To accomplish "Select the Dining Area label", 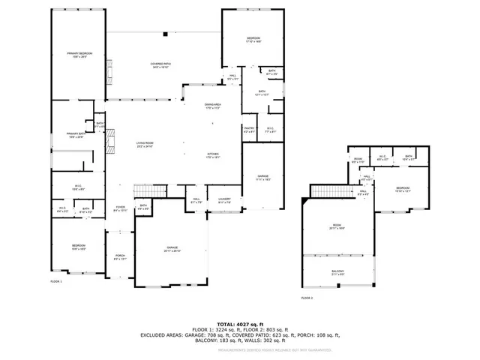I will click(x=213, y=106).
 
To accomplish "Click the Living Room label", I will click(x=145, y=145).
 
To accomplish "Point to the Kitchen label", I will click(x=213, y=155).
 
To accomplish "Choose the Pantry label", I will click(x=249, y=130).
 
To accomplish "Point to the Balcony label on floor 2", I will click(x=337, y=272).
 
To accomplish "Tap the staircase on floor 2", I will click(x=325, y=192).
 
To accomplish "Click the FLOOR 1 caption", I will click(x=56, y=281).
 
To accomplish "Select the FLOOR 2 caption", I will click(x=307, y=298).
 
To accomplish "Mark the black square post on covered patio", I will click(x=166, y=33).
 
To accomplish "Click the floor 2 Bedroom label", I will click(x=402, y=188).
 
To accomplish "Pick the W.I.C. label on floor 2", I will click(x=382, y=159).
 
